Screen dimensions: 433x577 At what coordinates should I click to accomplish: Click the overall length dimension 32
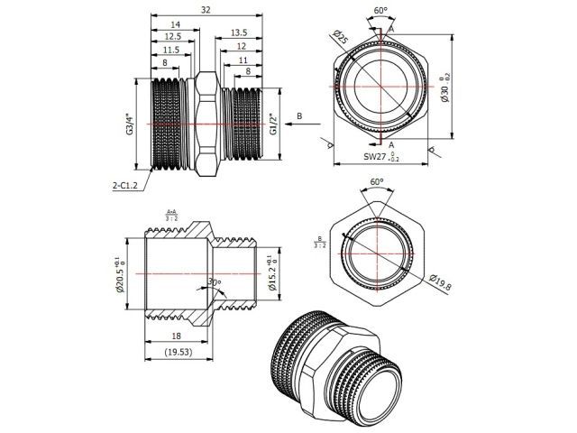206,10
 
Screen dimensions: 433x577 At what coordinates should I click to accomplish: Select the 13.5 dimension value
239,31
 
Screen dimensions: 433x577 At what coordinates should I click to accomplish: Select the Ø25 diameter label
341,39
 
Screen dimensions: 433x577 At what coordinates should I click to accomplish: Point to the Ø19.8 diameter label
441,281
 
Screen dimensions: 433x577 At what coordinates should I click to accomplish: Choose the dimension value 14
173,23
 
